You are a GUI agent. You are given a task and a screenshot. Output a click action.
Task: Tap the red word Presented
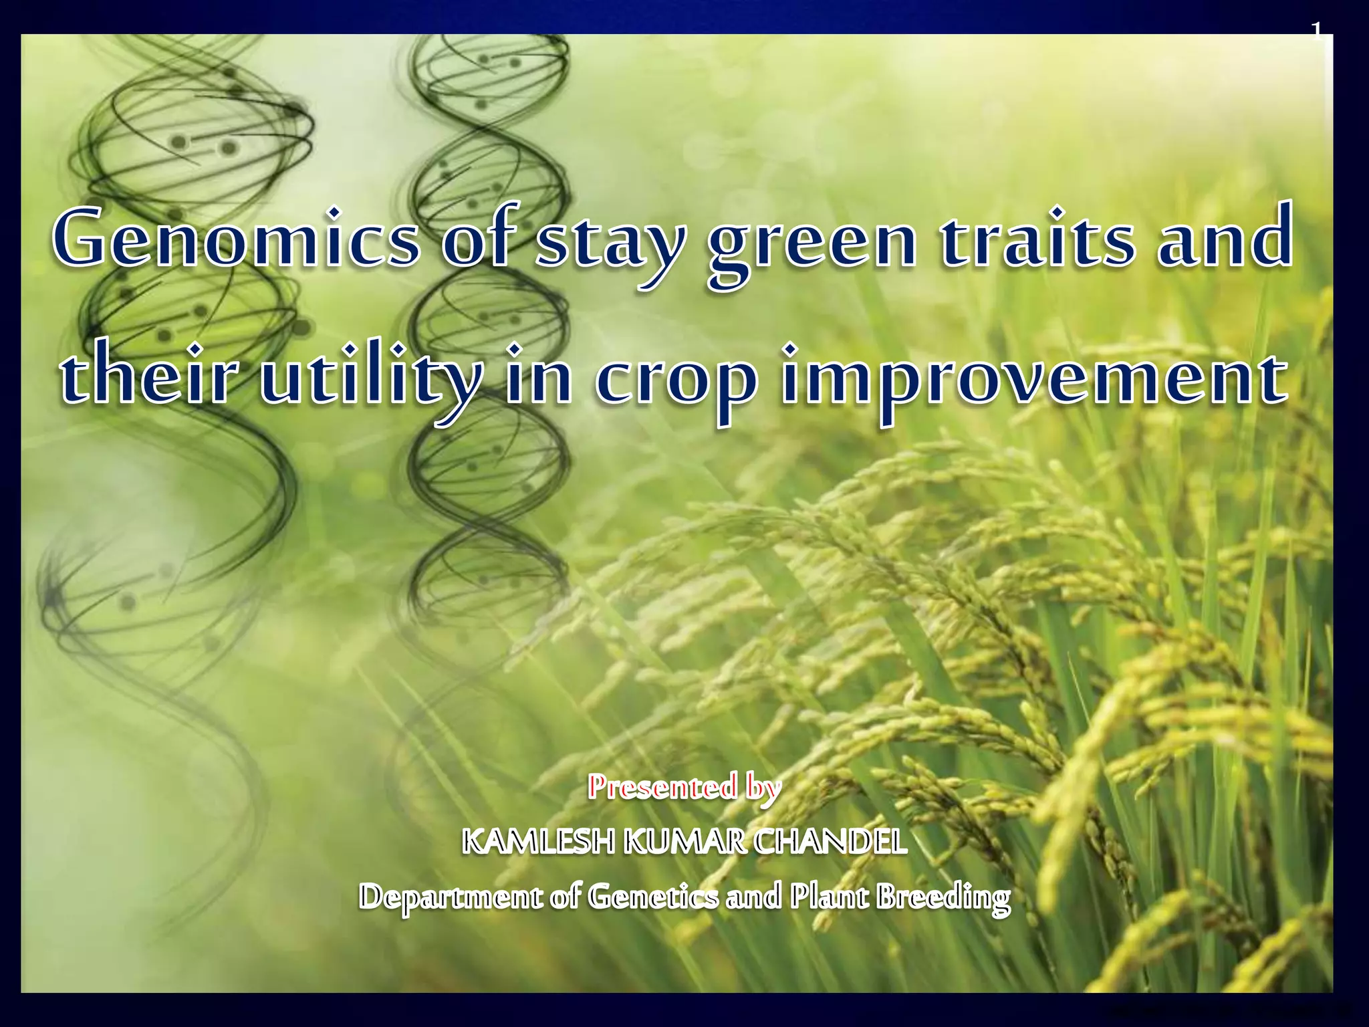pyautogui.click(x=662, y=787)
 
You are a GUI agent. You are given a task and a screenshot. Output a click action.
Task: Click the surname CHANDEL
pyautogui.click(x=830, y=841)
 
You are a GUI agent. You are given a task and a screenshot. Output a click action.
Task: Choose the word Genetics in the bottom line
pyautogui.click(x=653, y=896)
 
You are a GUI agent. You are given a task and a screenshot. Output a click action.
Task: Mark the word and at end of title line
pyautogui.click(x=1225, y=239)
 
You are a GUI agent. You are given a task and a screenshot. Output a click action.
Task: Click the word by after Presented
pyautogui.click(x=763, y=788)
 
